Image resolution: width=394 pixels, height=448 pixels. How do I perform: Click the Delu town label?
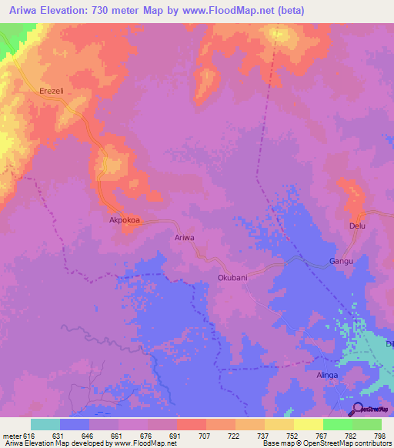coord(357,226)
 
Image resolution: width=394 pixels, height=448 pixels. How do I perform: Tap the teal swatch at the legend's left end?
coord(45,424)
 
